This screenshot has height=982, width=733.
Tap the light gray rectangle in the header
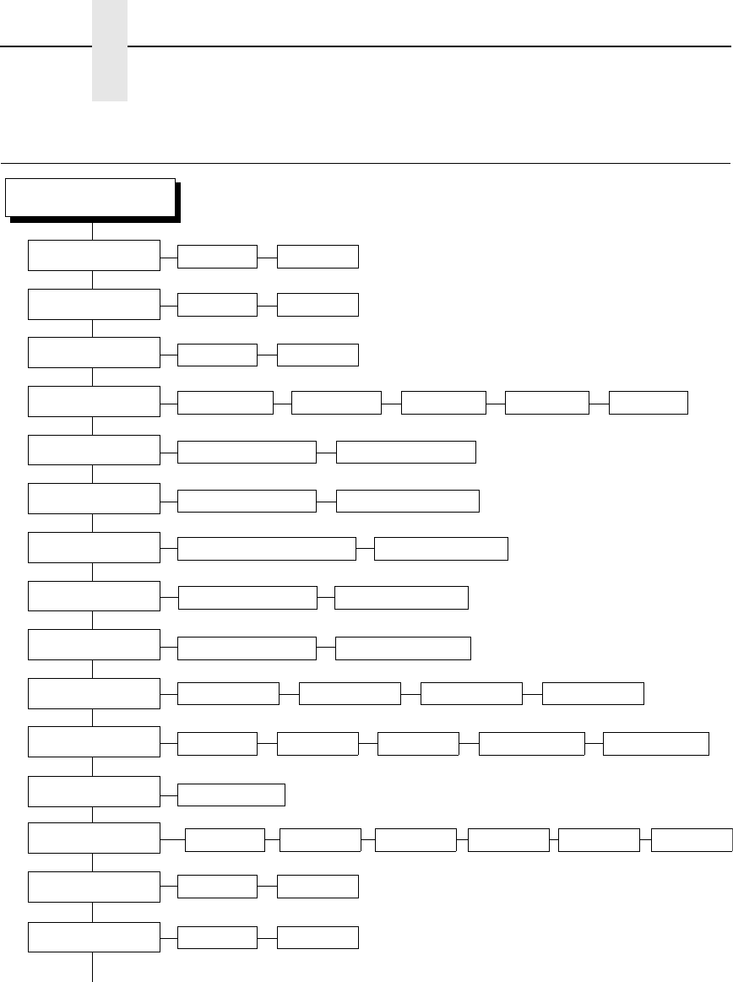pos(110,51)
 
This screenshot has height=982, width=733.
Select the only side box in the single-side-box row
pos(231,795)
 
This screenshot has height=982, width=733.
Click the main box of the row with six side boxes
pos(94,838)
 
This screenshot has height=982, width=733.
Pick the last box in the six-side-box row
pos(692,840)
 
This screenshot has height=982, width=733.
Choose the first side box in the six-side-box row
pos(225,840)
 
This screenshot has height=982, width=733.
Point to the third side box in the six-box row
pos(415,840)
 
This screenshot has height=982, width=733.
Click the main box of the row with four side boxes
pos(94,693)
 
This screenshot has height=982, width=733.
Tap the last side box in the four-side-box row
pos(592,693)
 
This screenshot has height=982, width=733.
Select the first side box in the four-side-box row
pos(228,693)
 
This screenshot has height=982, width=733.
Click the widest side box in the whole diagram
pos(266,548)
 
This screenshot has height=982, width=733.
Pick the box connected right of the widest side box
pos(441,548)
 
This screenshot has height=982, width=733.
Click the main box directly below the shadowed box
pos(94,255)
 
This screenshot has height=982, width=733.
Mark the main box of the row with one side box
pos(94,790)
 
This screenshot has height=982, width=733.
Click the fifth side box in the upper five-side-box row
pos(648,403)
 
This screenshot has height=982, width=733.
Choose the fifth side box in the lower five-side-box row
pos(656,743)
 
